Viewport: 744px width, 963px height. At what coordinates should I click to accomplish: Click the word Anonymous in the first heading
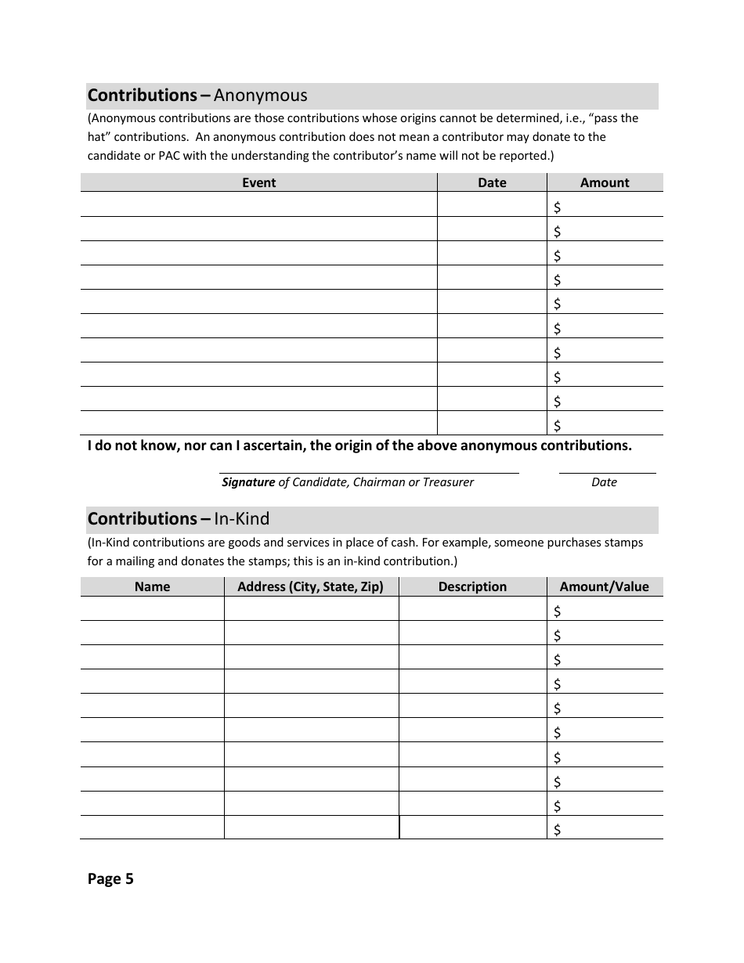260,96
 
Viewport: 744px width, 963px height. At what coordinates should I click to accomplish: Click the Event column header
258,182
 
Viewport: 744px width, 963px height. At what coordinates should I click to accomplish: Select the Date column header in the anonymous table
492,182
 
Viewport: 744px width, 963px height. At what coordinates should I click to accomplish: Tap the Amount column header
604,182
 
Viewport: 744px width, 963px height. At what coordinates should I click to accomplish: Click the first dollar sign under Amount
558,207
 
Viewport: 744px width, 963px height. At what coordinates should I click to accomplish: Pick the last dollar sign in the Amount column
558,425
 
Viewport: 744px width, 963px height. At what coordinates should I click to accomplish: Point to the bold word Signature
248,482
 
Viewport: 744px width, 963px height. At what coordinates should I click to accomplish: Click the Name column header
152,586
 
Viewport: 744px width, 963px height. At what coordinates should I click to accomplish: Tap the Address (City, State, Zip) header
310,586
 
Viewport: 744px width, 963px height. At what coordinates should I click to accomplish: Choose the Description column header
472,586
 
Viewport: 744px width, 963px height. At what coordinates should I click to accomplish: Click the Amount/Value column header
604,586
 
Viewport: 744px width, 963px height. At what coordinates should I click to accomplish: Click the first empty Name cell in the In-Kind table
152,609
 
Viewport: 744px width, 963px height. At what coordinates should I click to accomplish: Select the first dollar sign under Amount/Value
558,611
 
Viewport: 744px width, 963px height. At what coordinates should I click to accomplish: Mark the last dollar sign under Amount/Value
558,830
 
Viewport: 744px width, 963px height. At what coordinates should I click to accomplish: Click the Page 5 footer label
110,879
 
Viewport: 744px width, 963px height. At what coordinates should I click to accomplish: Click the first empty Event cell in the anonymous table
258,205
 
